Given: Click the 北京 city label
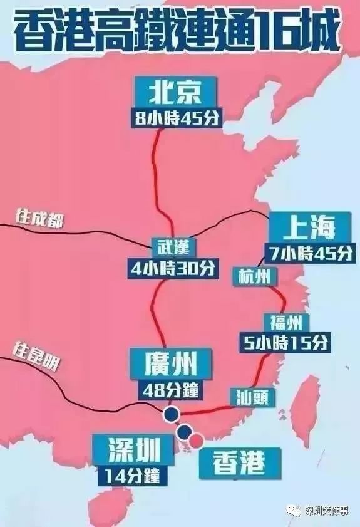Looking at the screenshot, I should [175, 94].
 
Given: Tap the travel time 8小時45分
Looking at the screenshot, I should [177, 118].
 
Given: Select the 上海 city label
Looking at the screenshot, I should [305, 228].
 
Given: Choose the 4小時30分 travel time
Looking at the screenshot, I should [172, 268].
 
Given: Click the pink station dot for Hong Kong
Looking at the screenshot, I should [197, 441].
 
